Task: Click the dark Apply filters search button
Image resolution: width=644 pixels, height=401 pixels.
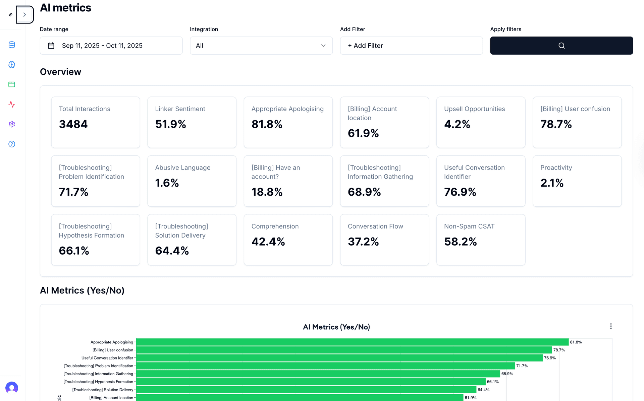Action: click(x=561, y=46)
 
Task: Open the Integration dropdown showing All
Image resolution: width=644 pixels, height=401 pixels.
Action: click(x=261, y=46)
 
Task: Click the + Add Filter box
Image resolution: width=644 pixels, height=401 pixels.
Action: click(x=411, y=46)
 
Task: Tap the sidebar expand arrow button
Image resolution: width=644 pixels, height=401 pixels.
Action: click(x=24, y=15)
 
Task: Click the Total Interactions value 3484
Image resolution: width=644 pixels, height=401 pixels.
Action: click(x=73, y=124)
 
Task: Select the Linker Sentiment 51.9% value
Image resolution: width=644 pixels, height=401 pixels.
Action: click(x=170, y=124)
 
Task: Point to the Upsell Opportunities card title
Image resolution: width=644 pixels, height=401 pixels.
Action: click(x=474, y=109)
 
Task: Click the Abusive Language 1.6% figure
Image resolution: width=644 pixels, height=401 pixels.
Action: click(x=167, y=183)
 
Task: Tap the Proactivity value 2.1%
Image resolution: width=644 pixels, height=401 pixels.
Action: click(x=552, y=183)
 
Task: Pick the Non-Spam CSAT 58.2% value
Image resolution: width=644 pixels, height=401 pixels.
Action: click(x=460, y=242)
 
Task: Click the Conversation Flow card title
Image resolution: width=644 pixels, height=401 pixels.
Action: click(x=375, y=226)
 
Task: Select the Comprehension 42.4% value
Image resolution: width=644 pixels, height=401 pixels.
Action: click(x=268, y=242)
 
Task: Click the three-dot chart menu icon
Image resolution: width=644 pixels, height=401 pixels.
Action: click(x=611, y=326)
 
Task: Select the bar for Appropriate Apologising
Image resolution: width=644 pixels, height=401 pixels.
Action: click(x=352, y=342)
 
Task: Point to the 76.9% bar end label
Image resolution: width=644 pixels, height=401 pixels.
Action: click(x=550, y=358)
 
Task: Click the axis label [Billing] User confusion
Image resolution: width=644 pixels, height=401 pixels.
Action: click(x=113, y=350)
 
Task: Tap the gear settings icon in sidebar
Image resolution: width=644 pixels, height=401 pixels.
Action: click(x=12, y=124)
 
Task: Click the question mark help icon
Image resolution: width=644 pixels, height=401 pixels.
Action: click(x=12, y=144)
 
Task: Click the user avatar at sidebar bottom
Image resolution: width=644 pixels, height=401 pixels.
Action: click(x=12, y=388)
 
